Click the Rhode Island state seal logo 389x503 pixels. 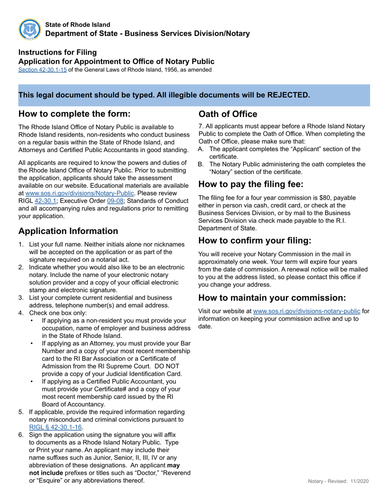[x=30, y=29]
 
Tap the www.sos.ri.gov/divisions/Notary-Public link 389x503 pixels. [x=80, y=193]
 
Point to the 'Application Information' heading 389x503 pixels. [x=68, y=231]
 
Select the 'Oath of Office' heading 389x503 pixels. [x=228, y=114]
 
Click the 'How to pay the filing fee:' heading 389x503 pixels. [x=251, y=184]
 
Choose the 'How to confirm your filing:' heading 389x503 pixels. [x=255, y=240]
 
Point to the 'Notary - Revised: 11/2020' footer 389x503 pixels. [x=338, y=481]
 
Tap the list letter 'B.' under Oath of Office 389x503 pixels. [x=201, y=164]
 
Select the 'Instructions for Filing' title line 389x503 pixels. [x=58, y=52]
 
